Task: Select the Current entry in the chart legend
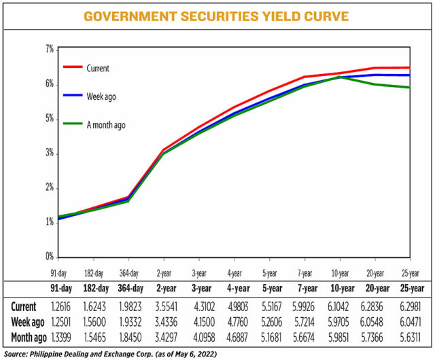click(x=98, y=68)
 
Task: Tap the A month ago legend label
click(x=106, y=125)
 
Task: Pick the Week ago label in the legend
click(x=101, y=96)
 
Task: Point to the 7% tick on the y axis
click(x=50, y=50)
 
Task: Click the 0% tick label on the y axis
click(x=50, y=257)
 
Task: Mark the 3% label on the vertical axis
click(x=50, y=154)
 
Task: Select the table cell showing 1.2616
click(x=58, y=307)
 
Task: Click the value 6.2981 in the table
click(x=410, y=307)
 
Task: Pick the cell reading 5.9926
click(x=304, y=307)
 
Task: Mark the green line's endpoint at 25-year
click(x=410, y=87)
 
